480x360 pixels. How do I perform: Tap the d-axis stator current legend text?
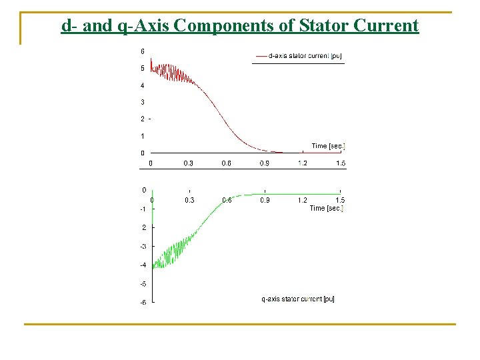point(304,56)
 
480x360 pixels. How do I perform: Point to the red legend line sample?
point(261,56)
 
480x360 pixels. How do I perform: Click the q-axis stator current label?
point(297,299)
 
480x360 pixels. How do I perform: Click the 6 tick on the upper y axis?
point(142,51)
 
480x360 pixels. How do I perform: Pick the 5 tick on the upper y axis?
point(142,68)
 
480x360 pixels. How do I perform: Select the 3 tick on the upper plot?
point(142,102)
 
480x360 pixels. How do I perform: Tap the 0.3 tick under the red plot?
point(189,163)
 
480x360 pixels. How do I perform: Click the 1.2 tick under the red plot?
point(302,163)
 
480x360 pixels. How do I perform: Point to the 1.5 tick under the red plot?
point(340,163)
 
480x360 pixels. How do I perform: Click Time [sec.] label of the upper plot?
point(328,146)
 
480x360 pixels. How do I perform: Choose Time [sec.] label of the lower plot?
point(326,208)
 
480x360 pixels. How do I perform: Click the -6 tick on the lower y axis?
point(142,303)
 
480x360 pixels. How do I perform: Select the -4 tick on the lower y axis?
point(142,265)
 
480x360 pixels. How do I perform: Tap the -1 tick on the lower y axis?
point(142,209)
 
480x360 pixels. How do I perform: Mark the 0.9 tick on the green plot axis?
point(265,200)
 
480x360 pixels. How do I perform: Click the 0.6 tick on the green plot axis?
point(227,200)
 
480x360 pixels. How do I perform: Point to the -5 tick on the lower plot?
point(142,284)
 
